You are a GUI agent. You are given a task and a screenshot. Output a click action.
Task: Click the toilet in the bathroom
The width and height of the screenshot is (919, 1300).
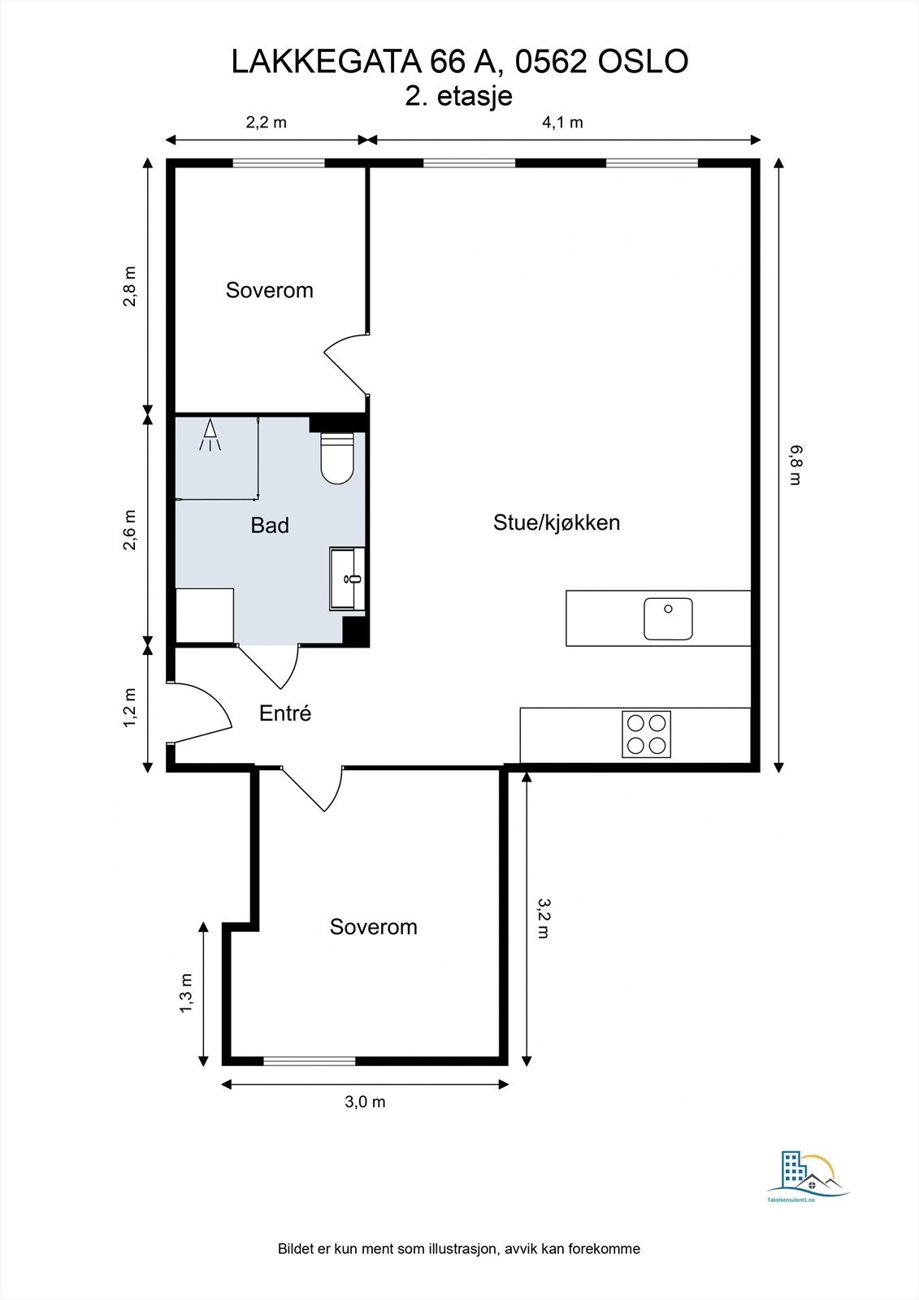tap(337, 460)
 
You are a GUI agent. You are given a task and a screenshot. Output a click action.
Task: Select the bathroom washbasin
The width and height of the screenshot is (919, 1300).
tap(348, 578)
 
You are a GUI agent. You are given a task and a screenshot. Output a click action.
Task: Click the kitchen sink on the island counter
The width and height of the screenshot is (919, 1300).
tap(668, 618)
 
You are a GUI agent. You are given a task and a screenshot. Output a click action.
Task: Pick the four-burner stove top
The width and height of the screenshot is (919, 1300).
tap(647, 734)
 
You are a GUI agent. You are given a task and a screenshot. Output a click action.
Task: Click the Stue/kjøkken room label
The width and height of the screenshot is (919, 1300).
tap(557, 522)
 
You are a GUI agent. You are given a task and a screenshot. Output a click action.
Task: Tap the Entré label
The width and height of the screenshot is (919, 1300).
tap(285, 713)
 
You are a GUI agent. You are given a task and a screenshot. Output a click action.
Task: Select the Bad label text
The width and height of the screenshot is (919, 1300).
tap(270, 526)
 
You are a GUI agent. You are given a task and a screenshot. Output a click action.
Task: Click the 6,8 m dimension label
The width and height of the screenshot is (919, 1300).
tap(795, 465)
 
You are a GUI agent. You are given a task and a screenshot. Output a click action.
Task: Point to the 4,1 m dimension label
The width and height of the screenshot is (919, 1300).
tap(562, 123)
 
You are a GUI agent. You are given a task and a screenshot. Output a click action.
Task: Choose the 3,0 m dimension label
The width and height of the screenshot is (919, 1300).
tap(365, 1102)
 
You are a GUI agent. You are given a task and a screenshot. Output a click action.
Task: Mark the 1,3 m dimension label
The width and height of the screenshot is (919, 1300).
tap(187, 993)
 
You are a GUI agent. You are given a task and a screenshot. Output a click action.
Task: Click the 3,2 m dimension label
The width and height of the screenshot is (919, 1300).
tap(544, 918)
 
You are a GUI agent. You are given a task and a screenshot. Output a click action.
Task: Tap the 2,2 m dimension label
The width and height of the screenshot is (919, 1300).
tap(267, 123)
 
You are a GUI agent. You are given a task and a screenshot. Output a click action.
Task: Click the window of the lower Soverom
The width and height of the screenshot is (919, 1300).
tap(310, 1060)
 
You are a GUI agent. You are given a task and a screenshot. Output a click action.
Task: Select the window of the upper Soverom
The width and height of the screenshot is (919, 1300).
tap(279, 162)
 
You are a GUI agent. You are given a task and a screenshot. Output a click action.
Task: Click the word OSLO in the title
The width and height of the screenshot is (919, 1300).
tap(644, 62)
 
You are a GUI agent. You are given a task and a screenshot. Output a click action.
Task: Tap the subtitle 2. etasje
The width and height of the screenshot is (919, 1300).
tap(459, 96)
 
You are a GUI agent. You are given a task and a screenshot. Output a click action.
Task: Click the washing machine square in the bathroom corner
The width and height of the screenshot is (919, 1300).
tap(205, 616)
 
